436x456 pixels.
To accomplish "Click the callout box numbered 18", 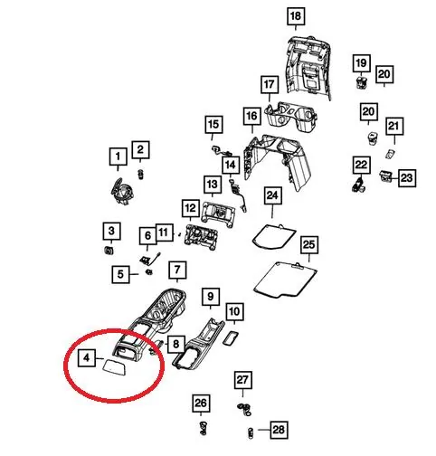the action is (296, 16).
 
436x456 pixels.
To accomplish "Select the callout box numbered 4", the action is (87, 357).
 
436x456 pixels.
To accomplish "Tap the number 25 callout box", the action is (309, 244).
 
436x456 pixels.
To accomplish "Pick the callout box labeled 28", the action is (279, 430).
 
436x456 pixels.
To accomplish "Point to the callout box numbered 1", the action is (118, 157).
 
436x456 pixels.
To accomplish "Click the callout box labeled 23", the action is (406, 178).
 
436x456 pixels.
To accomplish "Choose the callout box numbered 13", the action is (212, 185).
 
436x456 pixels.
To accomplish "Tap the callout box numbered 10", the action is (234, 312).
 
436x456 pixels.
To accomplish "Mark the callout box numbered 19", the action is (361, 63).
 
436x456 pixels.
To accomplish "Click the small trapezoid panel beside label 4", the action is (115, 368).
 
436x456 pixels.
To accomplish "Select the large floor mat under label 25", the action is (285, 280).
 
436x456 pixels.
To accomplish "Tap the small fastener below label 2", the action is (140, 174).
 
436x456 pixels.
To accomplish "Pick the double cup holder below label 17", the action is (290, 118).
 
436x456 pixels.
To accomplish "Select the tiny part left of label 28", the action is (250, 433).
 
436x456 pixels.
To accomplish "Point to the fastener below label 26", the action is (204, 428).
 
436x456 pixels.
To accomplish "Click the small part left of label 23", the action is (385, 176).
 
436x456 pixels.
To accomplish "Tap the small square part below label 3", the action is (109, 250).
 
